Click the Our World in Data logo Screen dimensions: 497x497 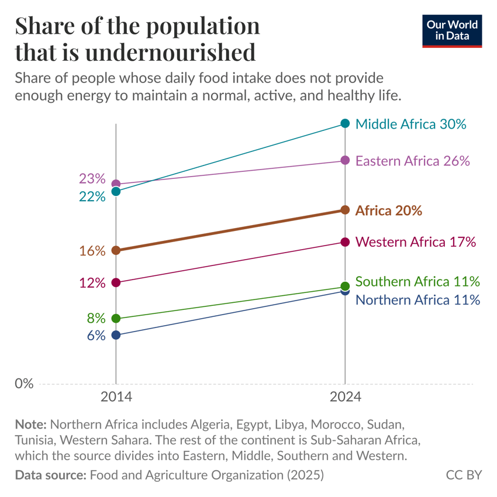pos(452,31)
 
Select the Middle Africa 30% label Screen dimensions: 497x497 pos(410,124)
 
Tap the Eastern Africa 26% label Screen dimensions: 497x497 pos(413,161)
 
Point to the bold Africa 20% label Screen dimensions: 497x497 pos(388,210)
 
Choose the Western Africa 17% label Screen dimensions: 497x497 pos(415,241)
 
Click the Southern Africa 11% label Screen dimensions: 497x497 pos(417,281)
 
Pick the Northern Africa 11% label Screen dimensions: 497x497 pos(417,300)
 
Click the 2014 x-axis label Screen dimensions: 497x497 pos(116,396)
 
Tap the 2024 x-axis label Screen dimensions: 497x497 pos(345,396)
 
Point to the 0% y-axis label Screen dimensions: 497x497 pos(24,384)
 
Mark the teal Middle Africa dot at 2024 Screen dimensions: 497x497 pos(345,123)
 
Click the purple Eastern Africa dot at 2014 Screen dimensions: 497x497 pos(116,184)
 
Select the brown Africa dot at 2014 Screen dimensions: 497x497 pos(116,250)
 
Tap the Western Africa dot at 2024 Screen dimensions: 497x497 pos(345,242)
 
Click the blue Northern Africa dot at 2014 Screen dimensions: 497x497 pos(116,335)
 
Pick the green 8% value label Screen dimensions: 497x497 pos(96,319)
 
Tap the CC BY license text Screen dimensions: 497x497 pos(464,475)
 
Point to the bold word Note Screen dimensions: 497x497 pos(31,423)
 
